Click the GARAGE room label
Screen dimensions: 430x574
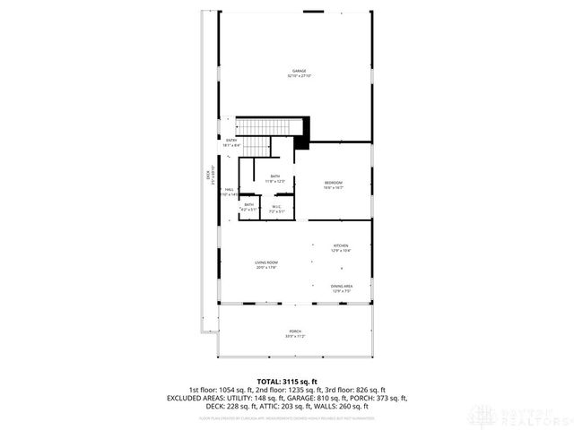[x=299, y=71]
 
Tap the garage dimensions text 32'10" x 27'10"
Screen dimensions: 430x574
[x=299, y=76]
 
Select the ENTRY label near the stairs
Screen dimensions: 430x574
[x=230, y=140]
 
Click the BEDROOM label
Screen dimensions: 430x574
[x=334, y=183]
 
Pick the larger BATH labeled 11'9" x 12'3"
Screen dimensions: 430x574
[x=274, y=176]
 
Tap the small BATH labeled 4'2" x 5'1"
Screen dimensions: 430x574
[x=248, y=205]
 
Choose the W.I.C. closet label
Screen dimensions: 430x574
[x=276, y=206]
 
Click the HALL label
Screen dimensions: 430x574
[x=230, y=190]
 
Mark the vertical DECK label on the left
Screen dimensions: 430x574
[x=208, y=177]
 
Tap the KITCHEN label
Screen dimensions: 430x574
[x=341, y=245]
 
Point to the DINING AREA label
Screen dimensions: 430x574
[x=342, y=287]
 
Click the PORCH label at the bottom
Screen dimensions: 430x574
[x=295, y=331]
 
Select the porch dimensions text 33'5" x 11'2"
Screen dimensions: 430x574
[x=295, y=337]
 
